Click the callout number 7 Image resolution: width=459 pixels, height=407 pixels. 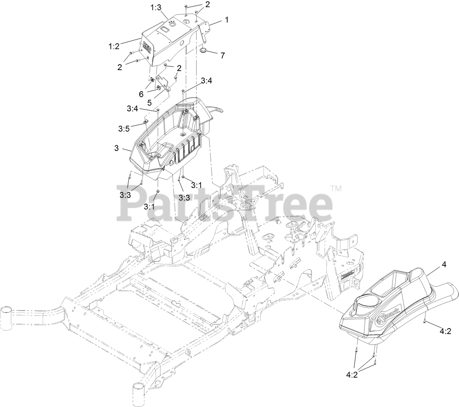[222, 55]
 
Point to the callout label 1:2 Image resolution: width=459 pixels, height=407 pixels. [113, 46]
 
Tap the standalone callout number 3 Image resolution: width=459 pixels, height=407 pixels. [116, 147]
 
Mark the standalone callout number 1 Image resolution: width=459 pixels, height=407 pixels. [227, 20]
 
